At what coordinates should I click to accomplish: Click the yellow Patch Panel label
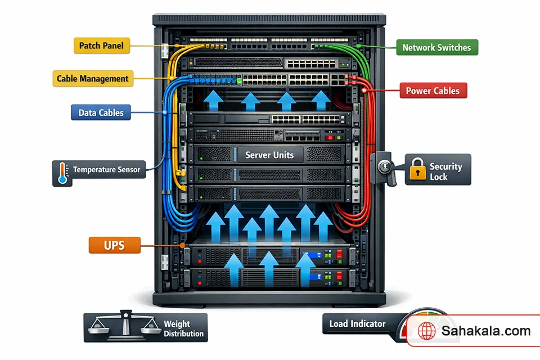point(102,46)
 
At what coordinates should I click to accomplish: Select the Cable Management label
point(93,79)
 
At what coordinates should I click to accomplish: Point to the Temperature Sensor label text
point(106,169)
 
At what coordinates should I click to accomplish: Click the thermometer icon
point(62,173)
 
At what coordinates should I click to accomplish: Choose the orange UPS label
point(114,245)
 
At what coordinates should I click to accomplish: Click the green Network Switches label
point(436,47)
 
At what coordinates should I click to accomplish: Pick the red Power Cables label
point(433,91)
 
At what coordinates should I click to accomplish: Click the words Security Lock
point(445,172)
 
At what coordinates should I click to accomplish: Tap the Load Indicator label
point(358,323)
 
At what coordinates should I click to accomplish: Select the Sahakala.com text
point(486,331)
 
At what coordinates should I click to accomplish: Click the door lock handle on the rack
point(386,167)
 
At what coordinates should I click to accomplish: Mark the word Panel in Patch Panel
point(114,46)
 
